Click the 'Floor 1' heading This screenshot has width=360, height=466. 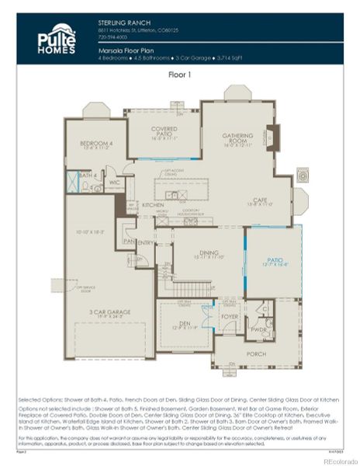(x=181, y=76)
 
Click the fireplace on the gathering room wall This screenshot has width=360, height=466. (x=271, y=139)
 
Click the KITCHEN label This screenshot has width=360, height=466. (x=152, y=205)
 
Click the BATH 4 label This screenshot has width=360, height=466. (x=87, y=176)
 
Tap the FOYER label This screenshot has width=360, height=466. (x=230, y=317)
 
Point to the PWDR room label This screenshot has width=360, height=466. (x=258, y=329)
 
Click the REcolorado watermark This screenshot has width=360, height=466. (x=336, y=460)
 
